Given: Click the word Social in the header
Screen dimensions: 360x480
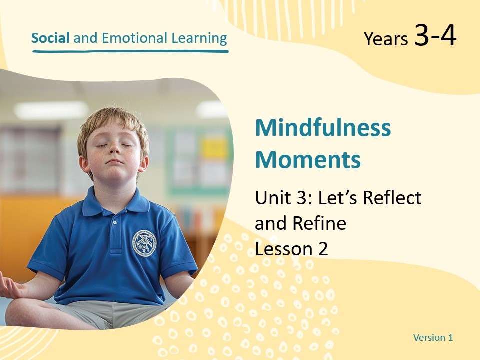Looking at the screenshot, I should [x=50, y=38].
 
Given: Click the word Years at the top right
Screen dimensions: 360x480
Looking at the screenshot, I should [x=386, y=39].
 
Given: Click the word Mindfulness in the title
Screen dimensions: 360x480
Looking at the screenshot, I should [x=323, y=128].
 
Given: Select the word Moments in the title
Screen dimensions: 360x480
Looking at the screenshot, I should [x=308, y=160].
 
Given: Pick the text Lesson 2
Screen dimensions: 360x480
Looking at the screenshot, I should [x=291, y=249].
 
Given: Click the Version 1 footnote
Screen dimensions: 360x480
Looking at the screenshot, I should [x=433, y=338].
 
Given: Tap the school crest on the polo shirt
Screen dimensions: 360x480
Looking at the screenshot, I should [x=144, y=243].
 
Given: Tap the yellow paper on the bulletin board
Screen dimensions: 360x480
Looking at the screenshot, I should [x=214, y=148].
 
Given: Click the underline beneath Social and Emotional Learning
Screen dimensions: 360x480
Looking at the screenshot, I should [x=130, y=51].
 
